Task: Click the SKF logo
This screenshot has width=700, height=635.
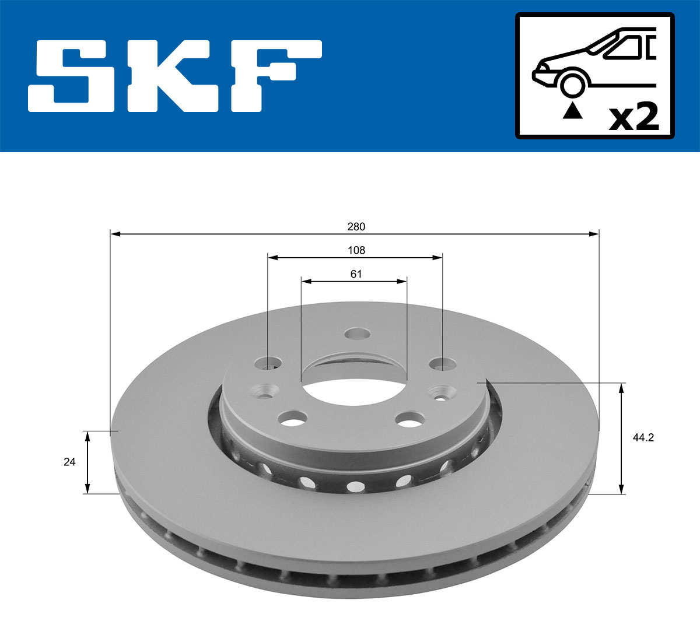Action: click(175, 76)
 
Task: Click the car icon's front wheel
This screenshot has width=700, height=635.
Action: click(572, 84)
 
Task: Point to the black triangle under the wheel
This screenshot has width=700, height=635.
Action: click(572, 110)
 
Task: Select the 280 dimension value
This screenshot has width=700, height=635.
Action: click(355, 226)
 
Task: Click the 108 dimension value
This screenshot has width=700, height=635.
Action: click(356, 250)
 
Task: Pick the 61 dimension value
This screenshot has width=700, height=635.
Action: click(356, 274)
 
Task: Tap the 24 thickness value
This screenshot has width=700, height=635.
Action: click(69, 462)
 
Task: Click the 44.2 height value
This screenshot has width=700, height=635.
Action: click(643, 438)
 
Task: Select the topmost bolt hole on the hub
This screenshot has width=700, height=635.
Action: click(357, 334)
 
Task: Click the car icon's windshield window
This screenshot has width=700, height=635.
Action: click(622, 47)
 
